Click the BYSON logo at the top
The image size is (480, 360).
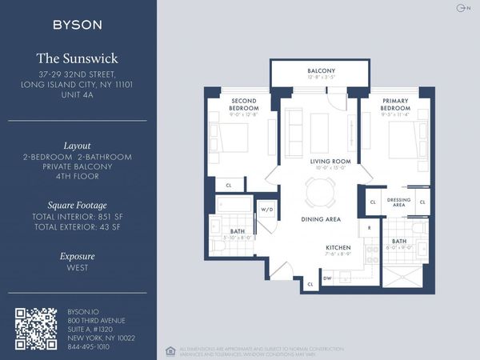[77, 25]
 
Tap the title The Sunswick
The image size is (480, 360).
[77, 58]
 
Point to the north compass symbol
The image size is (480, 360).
[460, 8]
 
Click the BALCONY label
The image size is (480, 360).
[321, 70]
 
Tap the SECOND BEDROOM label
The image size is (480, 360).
[243, 104]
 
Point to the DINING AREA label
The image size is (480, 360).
[321, 218]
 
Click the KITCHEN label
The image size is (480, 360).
[339, 247]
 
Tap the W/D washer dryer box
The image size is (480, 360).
[266, 210]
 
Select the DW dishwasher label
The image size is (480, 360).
[327, 278]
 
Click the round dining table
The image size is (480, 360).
[321, 192]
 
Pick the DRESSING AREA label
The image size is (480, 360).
[398, 202]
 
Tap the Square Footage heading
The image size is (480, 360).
[77, 204]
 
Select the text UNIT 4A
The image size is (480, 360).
[77, 94]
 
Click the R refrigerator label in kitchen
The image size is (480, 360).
[369, 228]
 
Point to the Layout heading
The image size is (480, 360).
[77, 146]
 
